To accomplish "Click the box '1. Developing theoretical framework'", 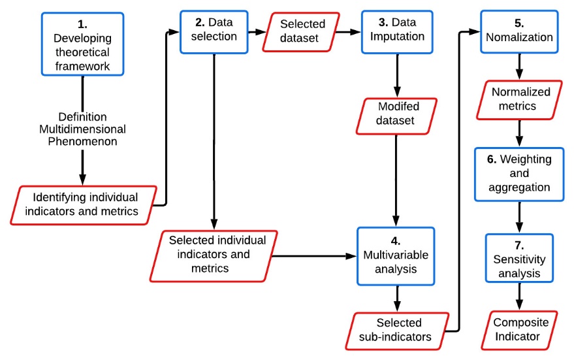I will click(82, 44).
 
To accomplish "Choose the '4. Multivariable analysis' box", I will click(395, 255).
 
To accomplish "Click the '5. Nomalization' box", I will click(518, 30).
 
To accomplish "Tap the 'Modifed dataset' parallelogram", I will click(396, 113).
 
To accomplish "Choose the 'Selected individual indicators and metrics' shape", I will click(217, 255).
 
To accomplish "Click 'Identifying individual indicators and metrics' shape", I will click(86, 204).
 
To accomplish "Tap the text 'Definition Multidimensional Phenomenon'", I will click(82, 129).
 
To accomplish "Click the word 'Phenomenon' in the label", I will click(82, 141).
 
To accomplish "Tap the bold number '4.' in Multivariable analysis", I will click(395, 240).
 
